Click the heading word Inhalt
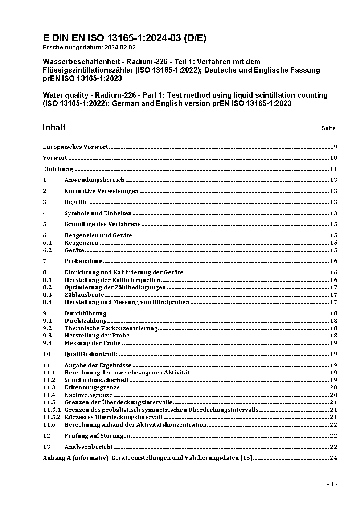[x=54, y=127]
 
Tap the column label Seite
[x=328, y=128]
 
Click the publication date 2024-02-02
[x=120, y=47]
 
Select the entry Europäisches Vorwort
[x=75, y=147]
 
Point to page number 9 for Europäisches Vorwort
[x=335, y=147]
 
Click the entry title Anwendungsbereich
[x=94, y=180]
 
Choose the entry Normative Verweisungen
[x=102, y=191]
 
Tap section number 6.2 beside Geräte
[x=47, y=250]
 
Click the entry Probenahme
[x=83, y=261]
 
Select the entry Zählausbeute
[x=84, y=295]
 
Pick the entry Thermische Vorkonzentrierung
[x=111, y=328]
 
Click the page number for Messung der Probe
[x=334, y=343]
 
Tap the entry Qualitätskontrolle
[x=91, y=354]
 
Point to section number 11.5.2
[x=52, y=417]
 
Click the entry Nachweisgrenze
[x=89, y=395]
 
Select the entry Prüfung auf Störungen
[x=97, y=436]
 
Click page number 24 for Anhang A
[x=334, y=458]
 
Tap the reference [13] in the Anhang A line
[x=246, y=458]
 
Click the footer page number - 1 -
[x=332, y=484]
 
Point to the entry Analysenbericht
[x=89, y=447]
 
